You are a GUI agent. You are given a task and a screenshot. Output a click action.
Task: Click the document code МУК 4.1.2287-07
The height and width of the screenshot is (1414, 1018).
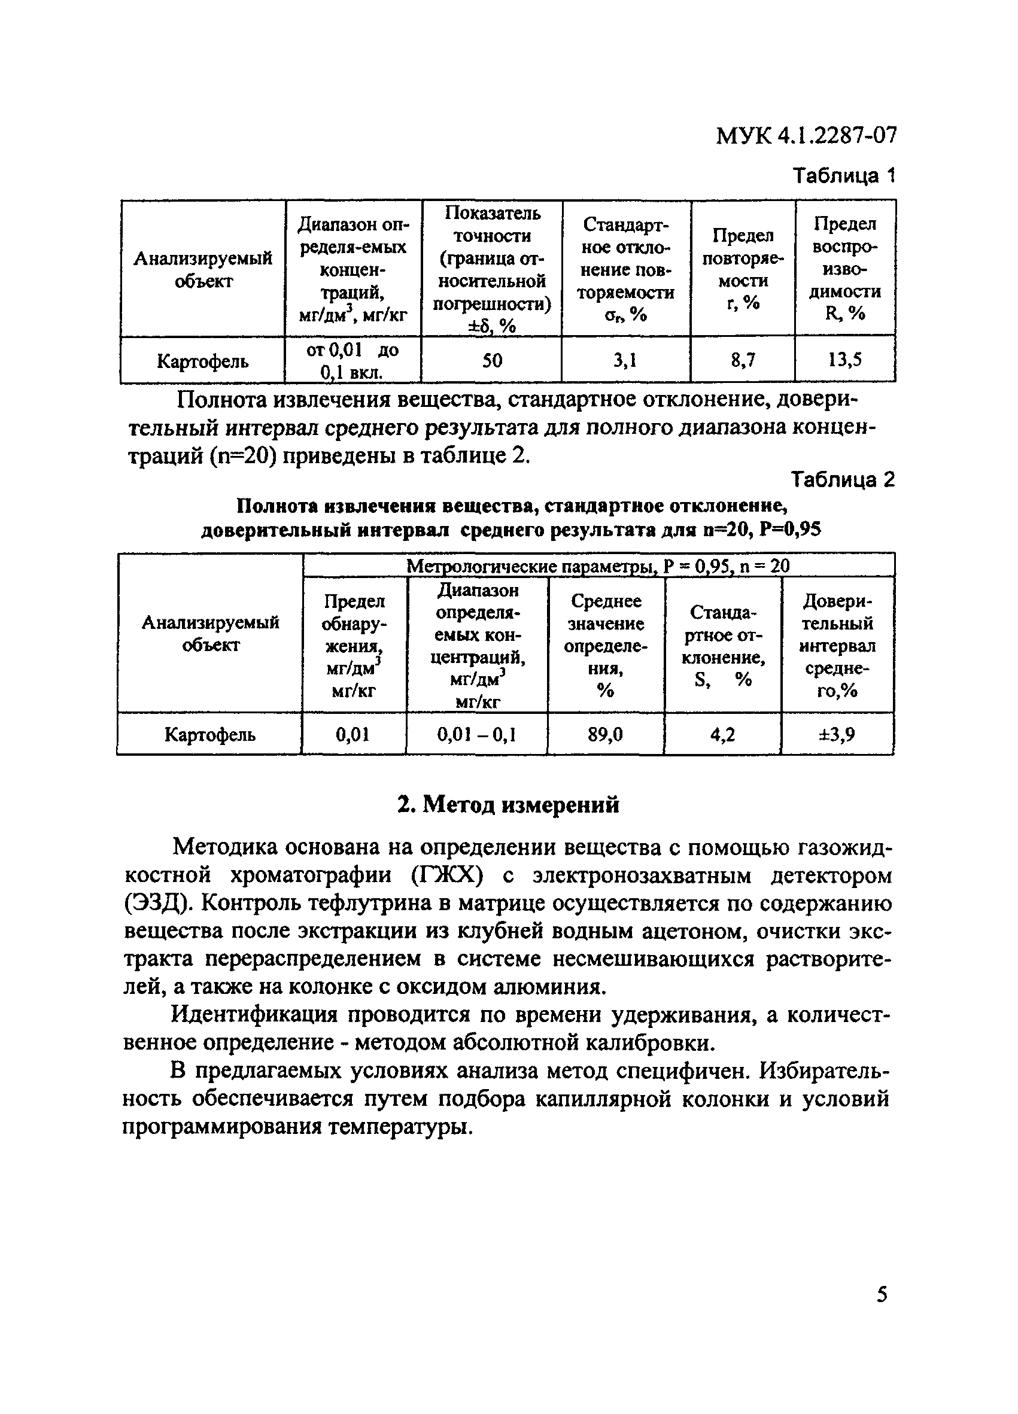(806, 135)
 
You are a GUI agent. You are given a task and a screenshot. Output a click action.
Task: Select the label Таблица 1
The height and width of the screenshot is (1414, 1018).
(843, 176)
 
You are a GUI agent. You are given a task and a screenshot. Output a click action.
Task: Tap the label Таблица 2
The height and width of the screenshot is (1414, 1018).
(842, 479)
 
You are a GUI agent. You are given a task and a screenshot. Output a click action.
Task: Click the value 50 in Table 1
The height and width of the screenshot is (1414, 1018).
(492, 360)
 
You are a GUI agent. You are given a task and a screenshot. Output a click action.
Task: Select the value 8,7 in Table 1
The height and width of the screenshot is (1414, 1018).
(743, 360)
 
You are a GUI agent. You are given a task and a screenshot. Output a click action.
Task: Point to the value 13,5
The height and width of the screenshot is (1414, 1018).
(844, 360)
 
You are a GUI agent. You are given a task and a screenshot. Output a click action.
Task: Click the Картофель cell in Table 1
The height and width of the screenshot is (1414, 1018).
(203, 361)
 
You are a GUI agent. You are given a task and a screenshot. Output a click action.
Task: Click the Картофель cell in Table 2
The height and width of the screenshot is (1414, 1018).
(209, 735)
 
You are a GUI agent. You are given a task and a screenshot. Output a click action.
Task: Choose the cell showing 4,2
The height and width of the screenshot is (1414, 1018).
(722, 735)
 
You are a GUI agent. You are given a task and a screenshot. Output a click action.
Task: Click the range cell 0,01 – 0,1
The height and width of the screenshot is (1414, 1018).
(476, 735)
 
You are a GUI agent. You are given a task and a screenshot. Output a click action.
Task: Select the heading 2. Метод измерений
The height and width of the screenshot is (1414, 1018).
(509, 805)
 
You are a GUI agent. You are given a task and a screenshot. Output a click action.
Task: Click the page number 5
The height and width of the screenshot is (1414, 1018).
(882, 1294)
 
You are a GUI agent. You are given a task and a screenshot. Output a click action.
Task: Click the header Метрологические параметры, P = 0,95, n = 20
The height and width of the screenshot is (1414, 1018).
(598, 566)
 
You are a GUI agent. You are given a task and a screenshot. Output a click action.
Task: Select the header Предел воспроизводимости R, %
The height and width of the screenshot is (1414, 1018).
(844, 268)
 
